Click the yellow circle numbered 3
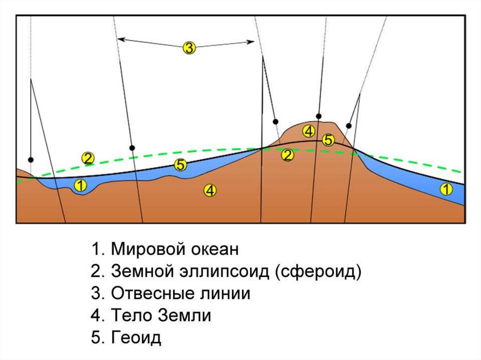[x=188, y=48]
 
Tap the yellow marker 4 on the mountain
[x=308, y=130]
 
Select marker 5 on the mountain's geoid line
[x=328, y=139]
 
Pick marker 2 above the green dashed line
[x=88, y=158]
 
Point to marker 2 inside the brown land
[x=287, y=154]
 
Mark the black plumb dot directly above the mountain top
[x=318, y=116]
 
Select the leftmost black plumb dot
[x=31, y=160]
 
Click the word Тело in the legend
[x=130, y=316]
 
